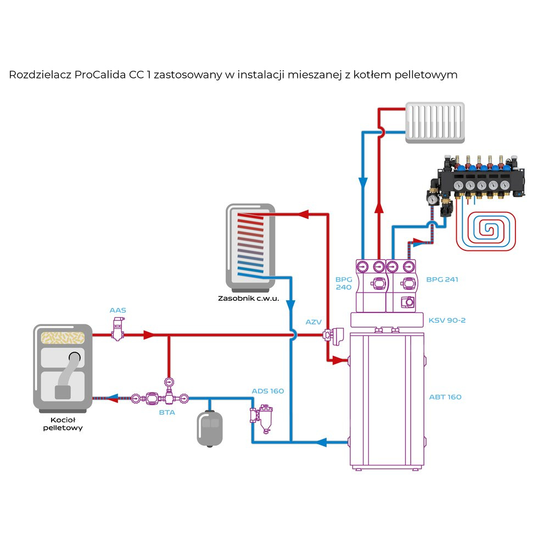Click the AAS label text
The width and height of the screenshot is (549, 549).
coord(117,311)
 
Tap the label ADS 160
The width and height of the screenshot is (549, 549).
coord(268,391)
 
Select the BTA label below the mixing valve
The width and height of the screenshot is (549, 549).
coord(167,412)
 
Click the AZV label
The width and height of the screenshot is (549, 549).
coord(313,322)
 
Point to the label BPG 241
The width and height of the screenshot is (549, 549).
coord(442,279)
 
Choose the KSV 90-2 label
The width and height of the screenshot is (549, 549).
coord(446,320)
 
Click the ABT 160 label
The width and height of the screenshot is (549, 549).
coord(445,397)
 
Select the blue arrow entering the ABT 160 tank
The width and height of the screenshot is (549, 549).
coord(324,441)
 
